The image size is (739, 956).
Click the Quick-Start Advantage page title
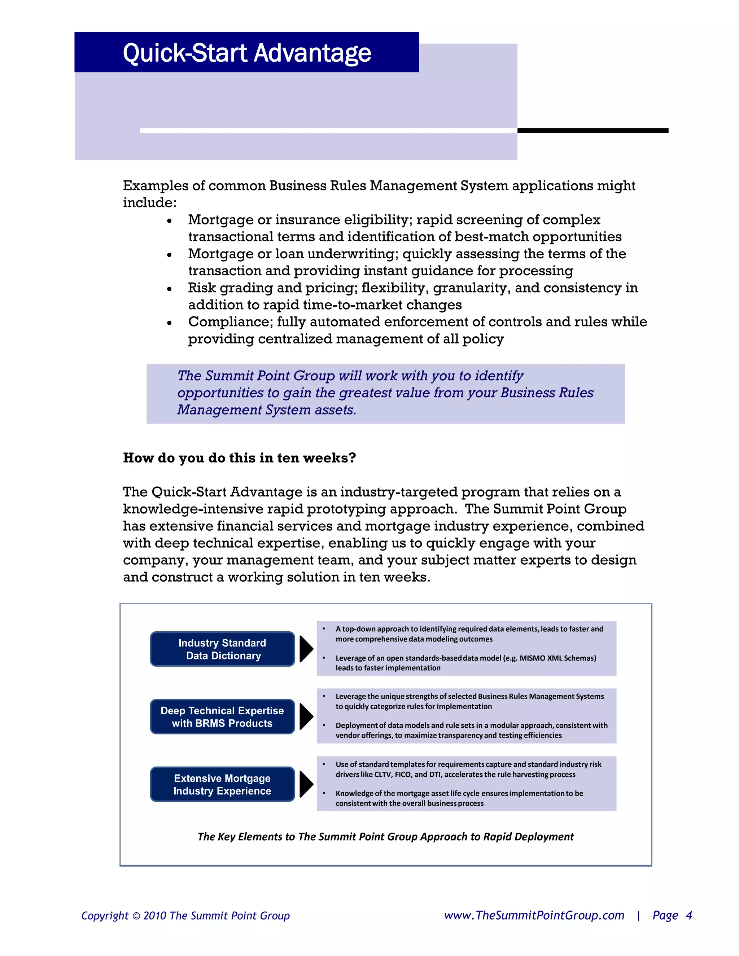pyautogui.click(x=246, y=53)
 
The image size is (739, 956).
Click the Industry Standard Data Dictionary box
pyautogui.click(x=222, y=649)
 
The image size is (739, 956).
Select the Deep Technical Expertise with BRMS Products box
pyautogui.click(x=222, y=716)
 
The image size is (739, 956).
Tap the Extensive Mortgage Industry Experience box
pyautogui.click(x=222, y=784)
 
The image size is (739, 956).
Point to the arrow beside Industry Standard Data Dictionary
pyautogui.click(x=306, y=649)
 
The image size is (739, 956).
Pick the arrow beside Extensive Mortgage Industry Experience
pyautogui.click(x=306, y=784)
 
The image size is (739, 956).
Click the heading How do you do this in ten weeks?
pyautogui.click(x=240, y=458)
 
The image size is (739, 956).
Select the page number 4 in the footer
pyautogui.click(x=688, y=916)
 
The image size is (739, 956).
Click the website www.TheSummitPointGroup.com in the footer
pyautogui.click(x=534, y=916)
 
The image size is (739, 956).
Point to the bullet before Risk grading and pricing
pyautogui.click(x=170, y=289)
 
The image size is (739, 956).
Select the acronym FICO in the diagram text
pyautogui.click(x=403, y=774)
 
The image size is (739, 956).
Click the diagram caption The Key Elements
pyautogui.click(x=385, y=837)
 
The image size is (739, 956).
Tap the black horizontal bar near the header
pyautogui.click(x=592, y=131)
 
